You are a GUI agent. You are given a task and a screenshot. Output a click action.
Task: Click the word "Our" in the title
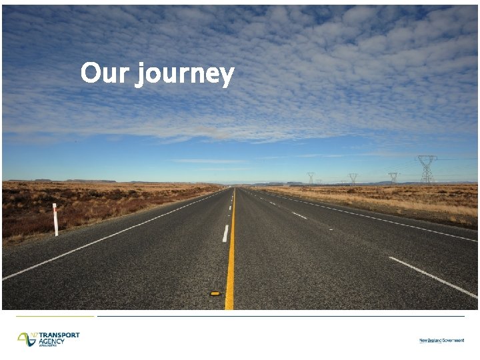coord(105,73)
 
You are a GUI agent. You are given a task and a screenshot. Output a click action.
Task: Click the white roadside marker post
coord(55,219)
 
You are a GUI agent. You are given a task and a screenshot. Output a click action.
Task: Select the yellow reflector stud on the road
coord(215,293)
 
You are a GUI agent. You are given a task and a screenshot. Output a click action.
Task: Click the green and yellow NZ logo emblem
coord(27,339)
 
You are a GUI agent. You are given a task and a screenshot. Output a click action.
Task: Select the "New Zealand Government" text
coord(441,341)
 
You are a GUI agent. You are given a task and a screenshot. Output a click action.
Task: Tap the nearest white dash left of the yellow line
coord(225,233)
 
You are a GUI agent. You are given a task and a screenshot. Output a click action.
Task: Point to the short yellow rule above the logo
coord(56,316)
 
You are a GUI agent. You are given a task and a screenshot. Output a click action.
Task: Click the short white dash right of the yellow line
coord(299,215)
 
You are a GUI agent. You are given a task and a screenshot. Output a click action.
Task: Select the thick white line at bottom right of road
coord(433,277)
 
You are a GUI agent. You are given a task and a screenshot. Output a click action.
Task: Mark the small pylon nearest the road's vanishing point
coord(311,178)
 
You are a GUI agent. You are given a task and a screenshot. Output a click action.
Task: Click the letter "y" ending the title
coord(227,76)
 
